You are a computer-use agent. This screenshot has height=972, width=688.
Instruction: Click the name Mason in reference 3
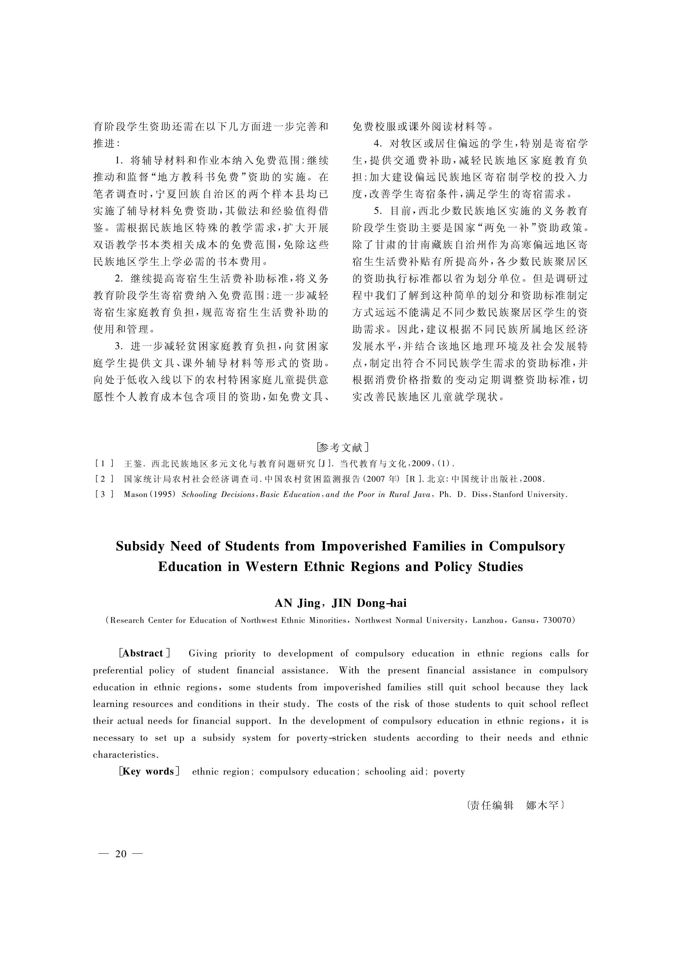click(x=135, y=494)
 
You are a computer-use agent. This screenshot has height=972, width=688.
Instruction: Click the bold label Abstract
click(x=143, y=654)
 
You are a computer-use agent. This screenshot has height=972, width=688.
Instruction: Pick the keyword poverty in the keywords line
click(x=449, y=772)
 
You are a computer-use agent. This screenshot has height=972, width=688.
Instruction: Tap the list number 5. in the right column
click(x=378, y=211)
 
